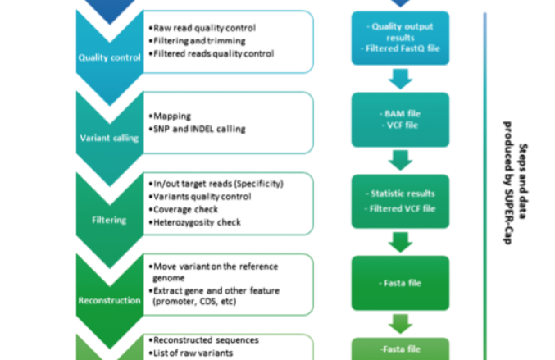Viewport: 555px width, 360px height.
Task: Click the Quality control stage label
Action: coord(109,57)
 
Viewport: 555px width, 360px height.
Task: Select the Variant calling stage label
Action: coord(109,138)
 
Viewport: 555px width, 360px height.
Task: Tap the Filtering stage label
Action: coord(109,219)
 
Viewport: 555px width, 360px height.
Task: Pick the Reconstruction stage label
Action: coord(109,300)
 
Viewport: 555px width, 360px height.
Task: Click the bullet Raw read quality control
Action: coord(207,27)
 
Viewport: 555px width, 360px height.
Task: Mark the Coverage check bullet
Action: coord(188,210)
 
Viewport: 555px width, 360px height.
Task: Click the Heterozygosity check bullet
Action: coord(197,223)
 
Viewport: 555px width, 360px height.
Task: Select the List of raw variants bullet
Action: coord(190,353)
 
